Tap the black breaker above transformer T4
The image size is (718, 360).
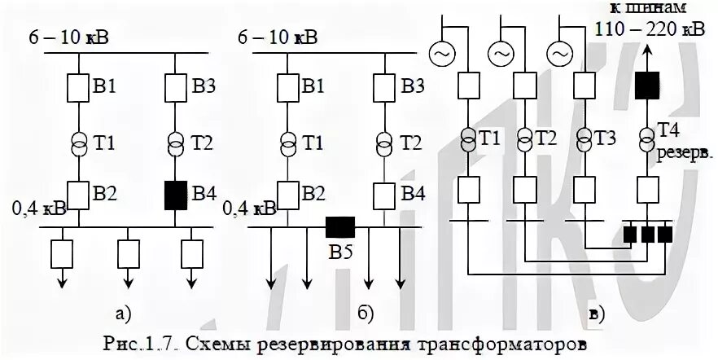(x=647, y=84)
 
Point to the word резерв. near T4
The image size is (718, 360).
(x=680, y=151)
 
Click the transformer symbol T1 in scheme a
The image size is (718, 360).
(x=78, y=142)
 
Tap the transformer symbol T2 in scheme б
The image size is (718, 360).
(x=383, y=142)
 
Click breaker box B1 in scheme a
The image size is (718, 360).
(x=78, y=85)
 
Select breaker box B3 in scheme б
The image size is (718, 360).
(x=383, y=85)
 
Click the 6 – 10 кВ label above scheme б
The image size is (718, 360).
(x=277, y=37)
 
